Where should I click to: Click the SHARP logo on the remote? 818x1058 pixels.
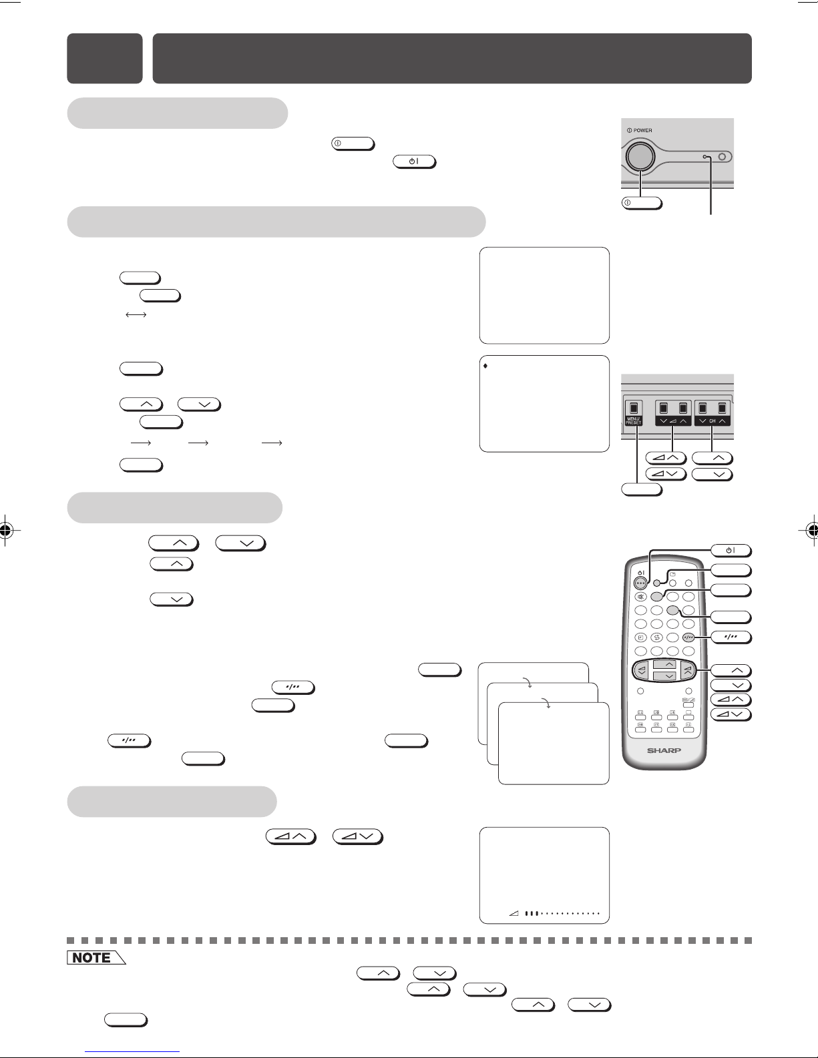pos(664,750)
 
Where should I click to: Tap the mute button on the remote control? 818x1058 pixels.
pos(640,597)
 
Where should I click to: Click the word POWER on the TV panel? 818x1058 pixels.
pos(642,130)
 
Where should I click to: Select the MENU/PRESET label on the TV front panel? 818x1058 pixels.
pos(634,421)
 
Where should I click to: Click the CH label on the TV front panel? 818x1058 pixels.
pos(712,421)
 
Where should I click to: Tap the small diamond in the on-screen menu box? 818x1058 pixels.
pos(485,366)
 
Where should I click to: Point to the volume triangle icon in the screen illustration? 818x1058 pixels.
pos(514,913)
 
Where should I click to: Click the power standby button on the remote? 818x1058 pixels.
pos(641,583)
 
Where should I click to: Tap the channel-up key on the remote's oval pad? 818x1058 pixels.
pos(670,664)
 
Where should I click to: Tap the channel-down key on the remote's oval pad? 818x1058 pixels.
pos(670,676)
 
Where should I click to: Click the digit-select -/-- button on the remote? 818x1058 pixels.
pos(688,637)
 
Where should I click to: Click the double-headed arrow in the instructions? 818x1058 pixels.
pos(136,315)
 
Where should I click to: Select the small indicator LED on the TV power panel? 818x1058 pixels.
pos(705,157)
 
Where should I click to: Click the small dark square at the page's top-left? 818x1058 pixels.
pos(105,59)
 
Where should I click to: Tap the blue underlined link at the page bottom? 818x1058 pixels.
pos(132,1052)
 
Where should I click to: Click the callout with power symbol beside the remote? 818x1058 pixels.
pos(731,551)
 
